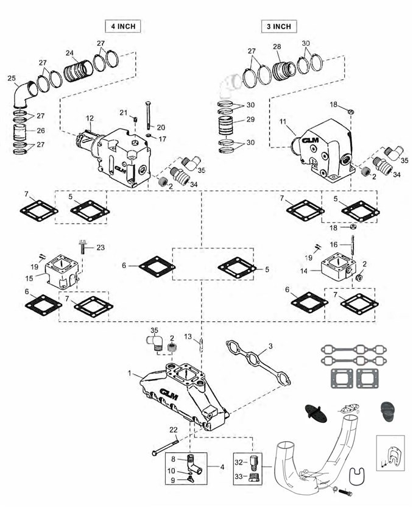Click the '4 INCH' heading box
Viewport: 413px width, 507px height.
coord(123,26)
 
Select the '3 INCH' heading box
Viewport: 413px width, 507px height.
coord(279,26)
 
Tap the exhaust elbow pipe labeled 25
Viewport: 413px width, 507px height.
coord(24,94)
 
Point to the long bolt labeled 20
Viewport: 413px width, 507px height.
coord(149,115)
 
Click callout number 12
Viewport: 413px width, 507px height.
coord(90,119)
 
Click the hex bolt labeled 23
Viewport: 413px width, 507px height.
coord(83,246)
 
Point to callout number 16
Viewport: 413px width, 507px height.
coord(333,244)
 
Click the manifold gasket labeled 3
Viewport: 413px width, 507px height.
coord(258,362)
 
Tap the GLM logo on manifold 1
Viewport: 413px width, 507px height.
coord(169,394)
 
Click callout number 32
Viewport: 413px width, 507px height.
coord(239,463)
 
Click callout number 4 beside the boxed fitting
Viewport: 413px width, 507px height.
coord(222,467)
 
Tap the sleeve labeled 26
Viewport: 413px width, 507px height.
coord(20,131)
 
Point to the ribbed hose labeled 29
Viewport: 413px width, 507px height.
coord(227,126)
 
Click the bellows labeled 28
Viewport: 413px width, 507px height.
coord(283,71)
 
